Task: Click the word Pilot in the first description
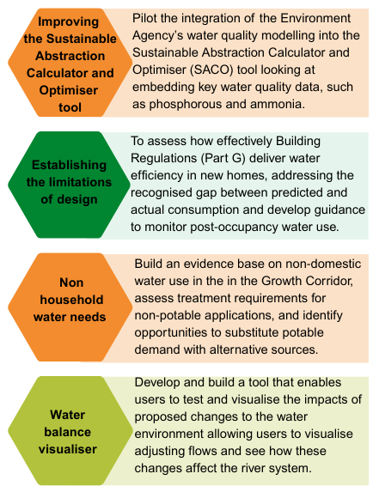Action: pos(144,19)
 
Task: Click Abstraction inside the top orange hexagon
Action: pos(70,56)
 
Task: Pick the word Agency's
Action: pos(157,36)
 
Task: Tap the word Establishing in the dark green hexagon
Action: pos(69,165)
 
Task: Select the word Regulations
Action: pos(163,158)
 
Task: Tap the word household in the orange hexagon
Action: pos(71,300)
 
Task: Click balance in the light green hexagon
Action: pos(68,432)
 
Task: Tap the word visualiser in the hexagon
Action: pos(68,449)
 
